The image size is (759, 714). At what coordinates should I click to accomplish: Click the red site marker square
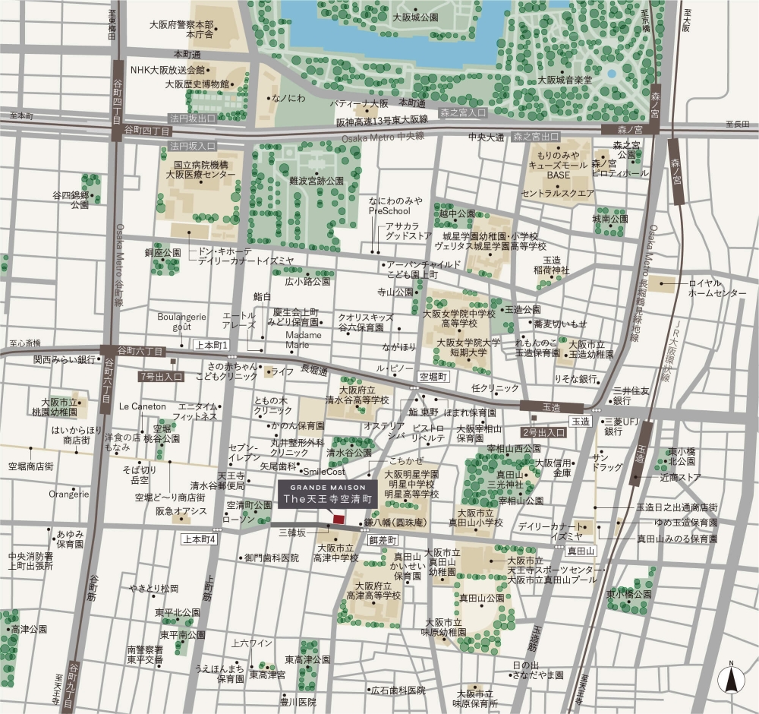pos(338,519)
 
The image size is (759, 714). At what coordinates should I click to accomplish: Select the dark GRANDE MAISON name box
pos(326,494)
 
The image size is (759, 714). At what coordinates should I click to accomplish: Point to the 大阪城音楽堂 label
pos(565,79)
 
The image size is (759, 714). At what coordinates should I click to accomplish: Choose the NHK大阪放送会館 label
pos(168,70)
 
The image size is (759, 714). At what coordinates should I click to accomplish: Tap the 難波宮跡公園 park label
pos(317,182)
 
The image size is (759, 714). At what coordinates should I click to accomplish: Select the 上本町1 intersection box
pos(213,345)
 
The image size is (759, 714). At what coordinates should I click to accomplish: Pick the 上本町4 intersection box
pos(200,539)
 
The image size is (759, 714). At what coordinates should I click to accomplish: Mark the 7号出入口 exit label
pos(161,376)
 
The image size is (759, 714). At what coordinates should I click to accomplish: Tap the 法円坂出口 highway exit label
pos(193,118)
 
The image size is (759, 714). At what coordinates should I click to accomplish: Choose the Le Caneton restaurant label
pos(142,406)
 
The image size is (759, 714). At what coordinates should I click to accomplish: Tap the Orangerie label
pos(69,494)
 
